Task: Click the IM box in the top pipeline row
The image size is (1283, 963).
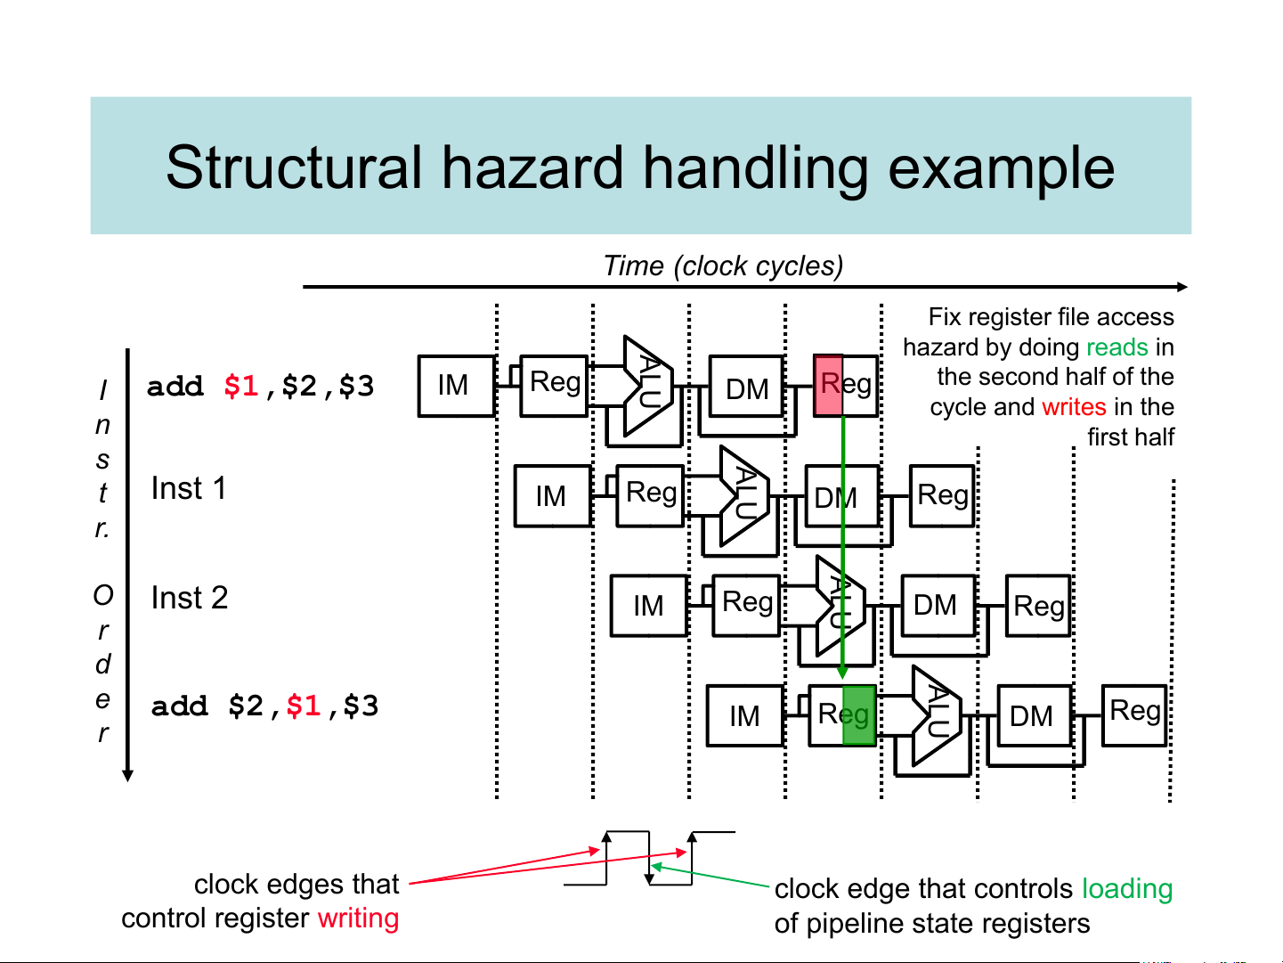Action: point(456,386)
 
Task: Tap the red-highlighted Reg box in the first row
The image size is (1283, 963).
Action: point(845,386)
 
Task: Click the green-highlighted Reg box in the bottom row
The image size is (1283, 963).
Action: point(842,715)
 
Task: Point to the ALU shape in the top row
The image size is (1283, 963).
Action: point(648,385)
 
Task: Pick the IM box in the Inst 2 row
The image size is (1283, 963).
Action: point(648,606)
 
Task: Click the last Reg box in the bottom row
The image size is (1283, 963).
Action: point(1134,714)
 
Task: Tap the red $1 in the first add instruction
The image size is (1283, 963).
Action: point(240,386)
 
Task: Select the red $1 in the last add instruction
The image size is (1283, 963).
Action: point(303,706)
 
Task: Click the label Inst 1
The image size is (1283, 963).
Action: point(189,488)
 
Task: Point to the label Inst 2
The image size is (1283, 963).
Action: point(190,598)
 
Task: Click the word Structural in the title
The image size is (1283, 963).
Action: point(294,167)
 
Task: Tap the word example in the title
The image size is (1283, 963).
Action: point(1002,167)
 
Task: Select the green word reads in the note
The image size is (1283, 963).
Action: point(1117,347)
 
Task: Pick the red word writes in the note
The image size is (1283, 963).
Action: point(1074,406)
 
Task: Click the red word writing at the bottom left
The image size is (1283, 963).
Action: point(358,918)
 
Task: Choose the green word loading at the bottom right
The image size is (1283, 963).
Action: point(1127,889)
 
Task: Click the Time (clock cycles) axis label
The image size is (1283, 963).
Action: point(723,265)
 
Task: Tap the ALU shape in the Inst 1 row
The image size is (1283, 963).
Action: point(744,494)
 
